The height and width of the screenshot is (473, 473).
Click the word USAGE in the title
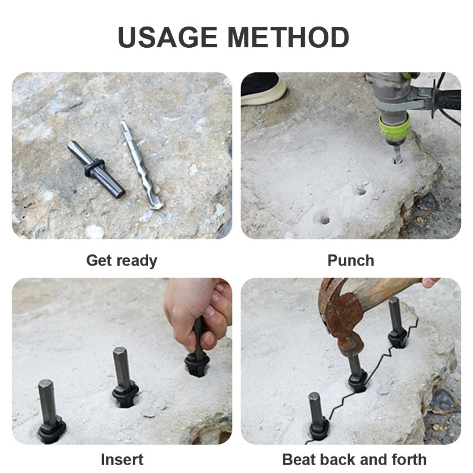(167, 37)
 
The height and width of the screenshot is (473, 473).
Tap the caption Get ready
(121, 260)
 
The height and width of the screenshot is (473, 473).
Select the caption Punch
(351, 260)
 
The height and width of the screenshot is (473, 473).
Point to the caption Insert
(122, 460)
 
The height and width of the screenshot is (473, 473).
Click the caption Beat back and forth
(354, 460)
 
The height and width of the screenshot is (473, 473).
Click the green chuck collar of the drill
(395, 130)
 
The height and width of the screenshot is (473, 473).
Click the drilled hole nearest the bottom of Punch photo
(322, 219)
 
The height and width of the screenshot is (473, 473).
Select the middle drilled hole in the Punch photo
(361, 191)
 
